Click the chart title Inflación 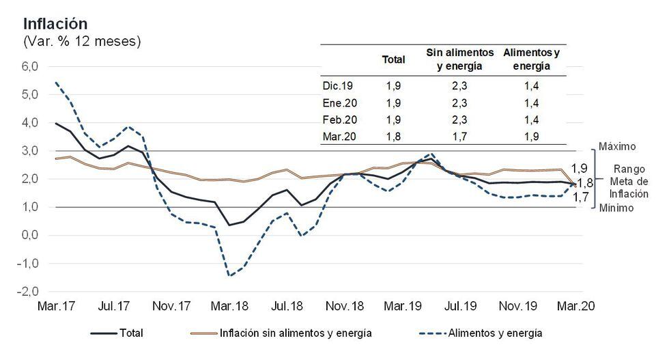click(x=55, y=24)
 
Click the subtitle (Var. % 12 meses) click(x=82, y=42)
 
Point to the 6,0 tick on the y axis click(x=31, y=66)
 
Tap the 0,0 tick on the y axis click(x=31, y=235)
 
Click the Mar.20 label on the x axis click(x=575, y=307)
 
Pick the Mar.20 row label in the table click(x=338, y=136)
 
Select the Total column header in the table click(x=393, y=59)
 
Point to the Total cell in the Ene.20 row click(x=393, y=103)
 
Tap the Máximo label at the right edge click(x=617, y=147)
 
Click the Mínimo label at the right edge click(x=616, y=209)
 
